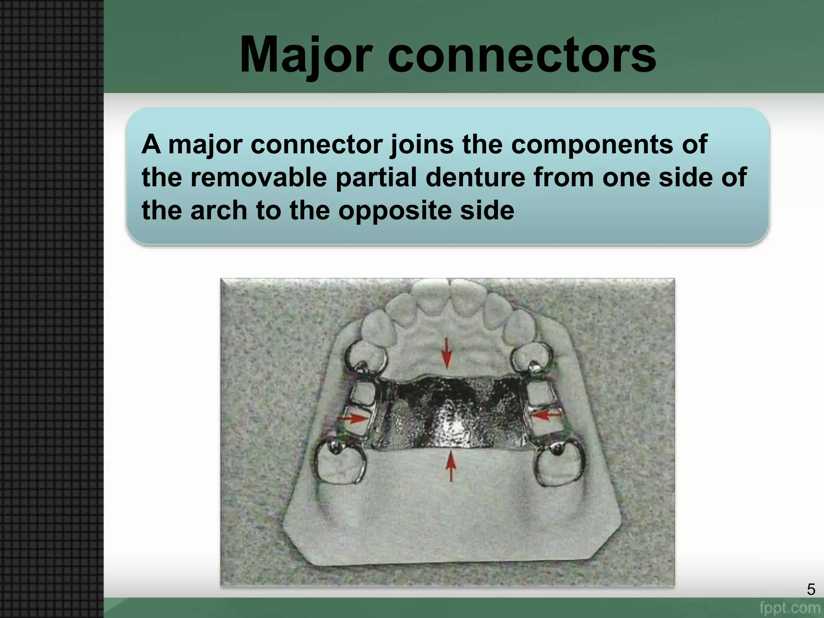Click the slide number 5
click(811, 589)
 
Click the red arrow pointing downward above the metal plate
click(447, 353)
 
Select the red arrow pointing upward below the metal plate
click(451, 466)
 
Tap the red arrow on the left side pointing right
click(353, 418)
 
